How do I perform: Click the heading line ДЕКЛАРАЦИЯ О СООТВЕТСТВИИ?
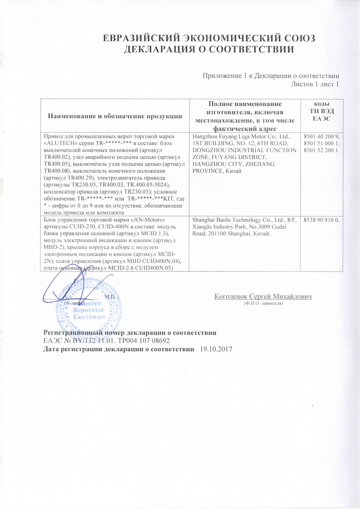tap(209, 49)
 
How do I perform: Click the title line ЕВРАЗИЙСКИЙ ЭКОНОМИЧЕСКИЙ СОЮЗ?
tap(209, 38)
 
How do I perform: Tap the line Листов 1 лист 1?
tap(315, 84)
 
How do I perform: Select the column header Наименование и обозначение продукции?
tap(115, 116)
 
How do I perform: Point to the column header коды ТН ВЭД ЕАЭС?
tap(321, 111)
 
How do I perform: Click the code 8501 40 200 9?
tap(321, 136)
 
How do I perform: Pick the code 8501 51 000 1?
tap(321, 143)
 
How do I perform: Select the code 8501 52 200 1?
tap(321, 150)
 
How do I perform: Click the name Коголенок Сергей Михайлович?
tap(263, 296)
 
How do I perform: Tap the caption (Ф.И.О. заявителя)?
tap(263, 303)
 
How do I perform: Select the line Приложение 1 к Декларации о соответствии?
tap(271, 76)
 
